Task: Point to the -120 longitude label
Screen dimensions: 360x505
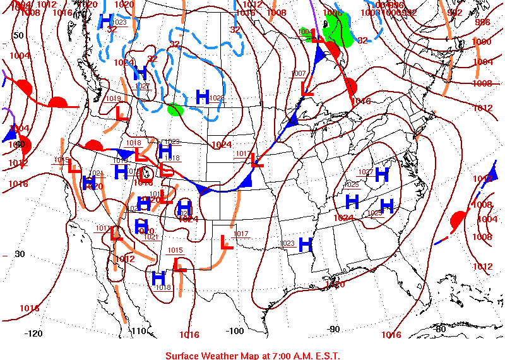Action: coord(33,333)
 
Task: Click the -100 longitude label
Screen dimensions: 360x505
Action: coord(235,331)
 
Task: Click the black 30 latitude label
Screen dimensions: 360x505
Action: coord(19,254)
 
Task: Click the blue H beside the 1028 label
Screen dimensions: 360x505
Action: coord(202,96)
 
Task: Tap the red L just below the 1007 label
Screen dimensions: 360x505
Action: coord(307,88)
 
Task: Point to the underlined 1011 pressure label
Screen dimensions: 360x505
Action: coord(102,229)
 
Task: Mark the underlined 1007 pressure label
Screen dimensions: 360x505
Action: coord(299,74)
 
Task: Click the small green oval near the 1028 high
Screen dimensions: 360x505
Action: coord(175,109)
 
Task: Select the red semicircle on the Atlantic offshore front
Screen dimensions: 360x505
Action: coord(458,221)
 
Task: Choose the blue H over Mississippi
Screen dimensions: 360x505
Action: coord(306,243)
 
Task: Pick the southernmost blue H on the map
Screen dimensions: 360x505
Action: coord(158,277)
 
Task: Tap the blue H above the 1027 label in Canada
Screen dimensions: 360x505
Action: coord(140,73)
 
